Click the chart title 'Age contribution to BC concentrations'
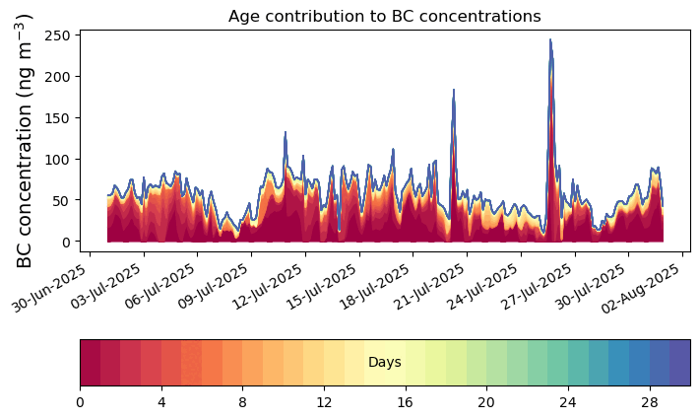(384, 16)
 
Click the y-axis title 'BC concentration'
(25, 140)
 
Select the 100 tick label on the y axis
(57, 160)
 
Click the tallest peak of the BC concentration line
(550, 40)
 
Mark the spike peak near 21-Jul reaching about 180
(454, 91)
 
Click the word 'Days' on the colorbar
(384, 363)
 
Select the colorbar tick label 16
(405, 402)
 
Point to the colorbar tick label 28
(649, 402)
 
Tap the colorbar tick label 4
(161, 402)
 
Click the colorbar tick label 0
(80, 402)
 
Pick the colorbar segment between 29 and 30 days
(679, 363)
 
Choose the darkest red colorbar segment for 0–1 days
(90, 363)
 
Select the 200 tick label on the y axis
(57, 77)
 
